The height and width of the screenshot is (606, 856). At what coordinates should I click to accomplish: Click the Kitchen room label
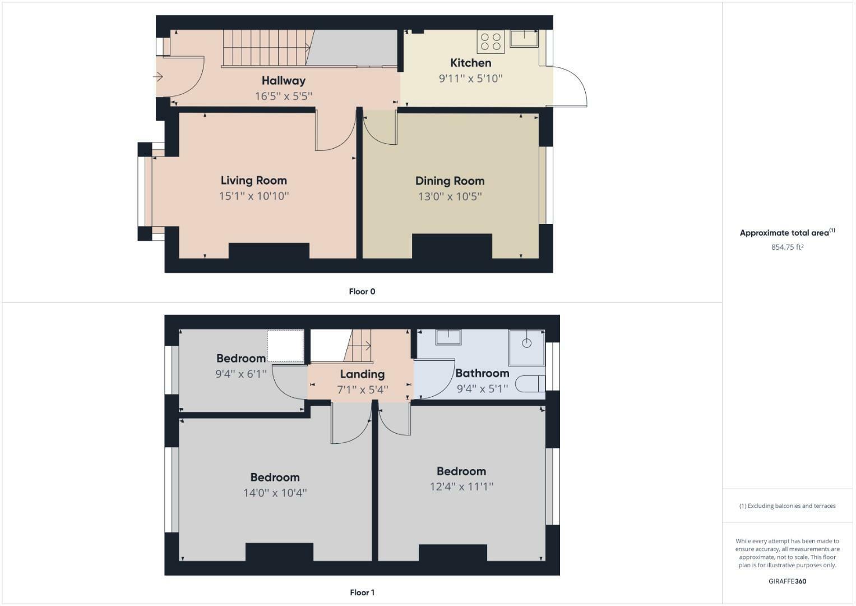470,63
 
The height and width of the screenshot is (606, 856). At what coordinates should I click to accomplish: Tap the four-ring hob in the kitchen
491,42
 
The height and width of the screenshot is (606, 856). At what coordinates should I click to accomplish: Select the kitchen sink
524,38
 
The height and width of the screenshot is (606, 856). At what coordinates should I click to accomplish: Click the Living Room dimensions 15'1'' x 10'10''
253,196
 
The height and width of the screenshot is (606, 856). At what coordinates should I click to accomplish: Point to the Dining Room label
450,181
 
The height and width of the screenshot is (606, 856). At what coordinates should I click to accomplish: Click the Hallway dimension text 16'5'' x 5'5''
283,96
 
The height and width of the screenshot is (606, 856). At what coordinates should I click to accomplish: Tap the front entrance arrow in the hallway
159,77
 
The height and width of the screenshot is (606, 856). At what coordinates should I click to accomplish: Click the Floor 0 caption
362,291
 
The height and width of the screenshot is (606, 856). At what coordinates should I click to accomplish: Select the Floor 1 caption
362,592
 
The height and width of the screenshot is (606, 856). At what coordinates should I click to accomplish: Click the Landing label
362,374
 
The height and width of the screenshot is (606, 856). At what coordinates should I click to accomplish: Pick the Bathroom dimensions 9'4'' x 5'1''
482,388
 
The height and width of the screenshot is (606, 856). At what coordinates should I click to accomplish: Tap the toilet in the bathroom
530,384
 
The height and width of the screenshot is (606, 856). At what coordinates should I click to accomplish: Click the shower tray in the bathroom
526,347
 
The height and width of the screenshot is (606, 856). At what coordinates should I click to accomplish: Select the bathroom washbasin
448,337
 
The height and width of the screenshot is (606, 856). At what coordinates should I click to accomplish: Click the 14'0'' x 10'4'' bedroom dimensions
275,493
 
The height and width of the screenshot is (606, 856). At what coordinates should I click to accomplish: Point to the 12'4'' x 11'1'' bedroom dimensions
461,486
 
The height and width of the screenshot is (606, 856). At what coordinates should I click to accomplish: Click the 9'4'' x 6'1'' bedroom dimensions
241,374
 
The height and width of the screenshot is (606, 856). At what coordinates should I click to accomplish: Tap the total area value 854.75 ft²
787,247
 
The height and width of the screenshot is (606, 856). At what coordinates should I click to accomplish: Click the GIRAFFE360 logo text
787,581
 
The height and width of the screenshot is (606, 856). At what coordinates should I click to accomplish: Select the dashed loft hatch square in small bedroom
285,346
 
